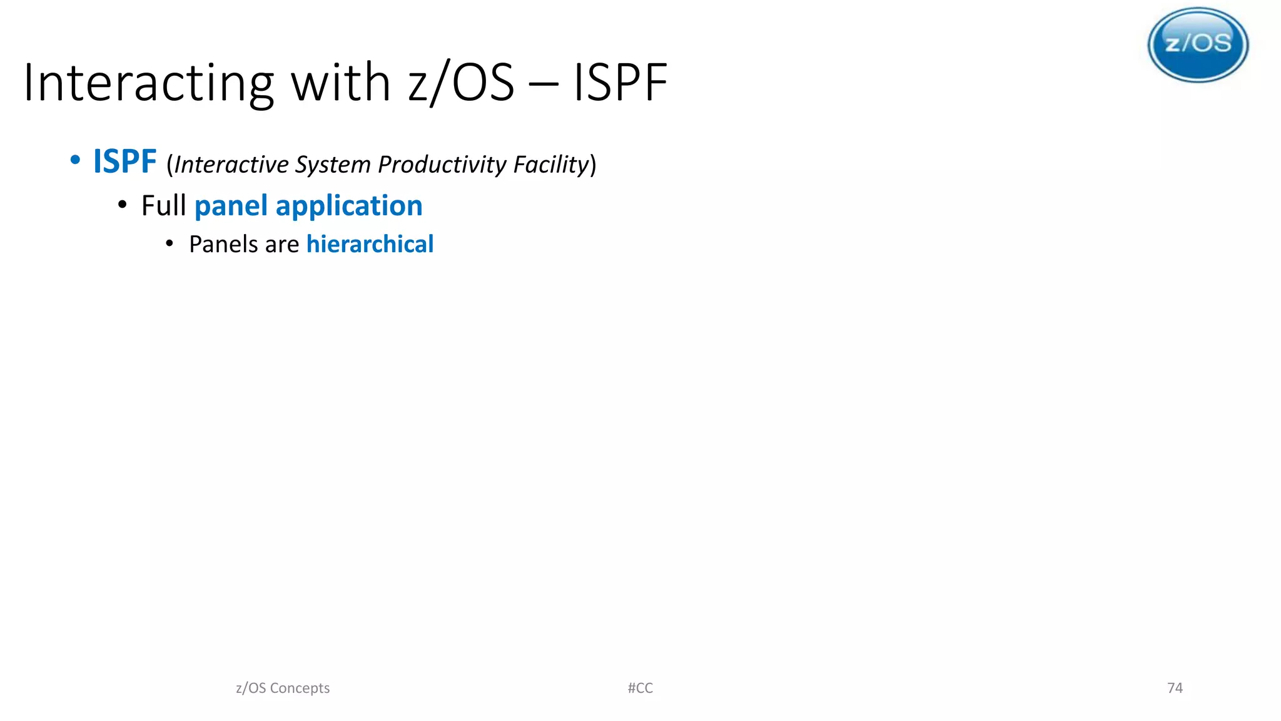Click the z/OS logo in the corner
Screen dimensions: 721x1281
coord(1198,44)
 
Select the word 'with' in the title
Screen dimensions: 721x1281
coord(341,83)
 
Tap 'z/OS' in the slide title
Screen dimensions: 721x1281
coord(461,83)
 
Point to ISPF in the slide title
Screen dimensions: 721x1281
coord(620,83)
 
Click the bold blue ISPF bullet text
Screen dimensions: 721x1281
coord(124,161)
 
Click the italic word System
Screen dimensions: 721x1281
coord(333,165)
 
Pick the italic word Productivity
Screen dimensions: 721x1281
coord(442,165)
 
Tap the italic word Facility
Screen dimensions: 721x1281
coord(551,165)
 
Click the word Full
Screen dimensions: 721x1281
coord(164,206)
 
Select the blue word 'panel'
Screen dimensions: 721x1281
coord(231,207)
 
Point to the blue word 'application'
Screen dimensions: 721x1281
coord(349,207)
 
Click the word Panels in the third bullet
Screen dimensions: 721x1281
coord(223,244)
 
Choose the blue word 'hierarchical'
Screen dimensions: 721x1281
coord(370,244)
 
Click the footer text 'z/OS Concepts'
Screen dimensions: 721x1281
coord(283,688)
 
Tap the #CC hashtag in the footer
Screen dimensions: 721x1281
coord(640,688)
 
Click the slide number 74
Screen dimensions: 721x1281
coord(1175,688)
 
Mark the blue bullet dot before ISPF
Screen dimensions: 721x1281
coord(75,160)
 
